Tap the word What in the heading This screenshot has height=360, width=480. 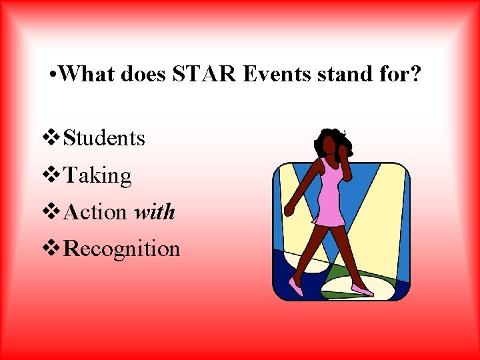[89, 73]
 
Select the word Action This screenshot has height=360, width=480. [95, 212]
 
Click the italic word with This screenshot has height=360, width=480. [154, 212]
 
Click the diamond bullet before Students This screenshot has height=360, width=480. [51, 138]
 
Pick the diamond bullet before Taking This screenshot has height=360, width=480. [51, 175]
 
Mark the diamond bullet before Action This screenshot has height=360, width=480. [51, 212]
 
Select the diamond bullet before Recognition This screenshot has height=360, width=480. [51, 249]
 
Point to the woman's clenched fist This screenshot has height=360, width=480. [289, 210]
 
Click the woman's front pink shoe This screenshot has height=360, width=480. [362, 291]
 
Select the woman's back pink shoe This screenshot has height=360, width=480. [295, 287]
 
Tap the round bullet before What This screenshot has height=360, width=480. [53, 74]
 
